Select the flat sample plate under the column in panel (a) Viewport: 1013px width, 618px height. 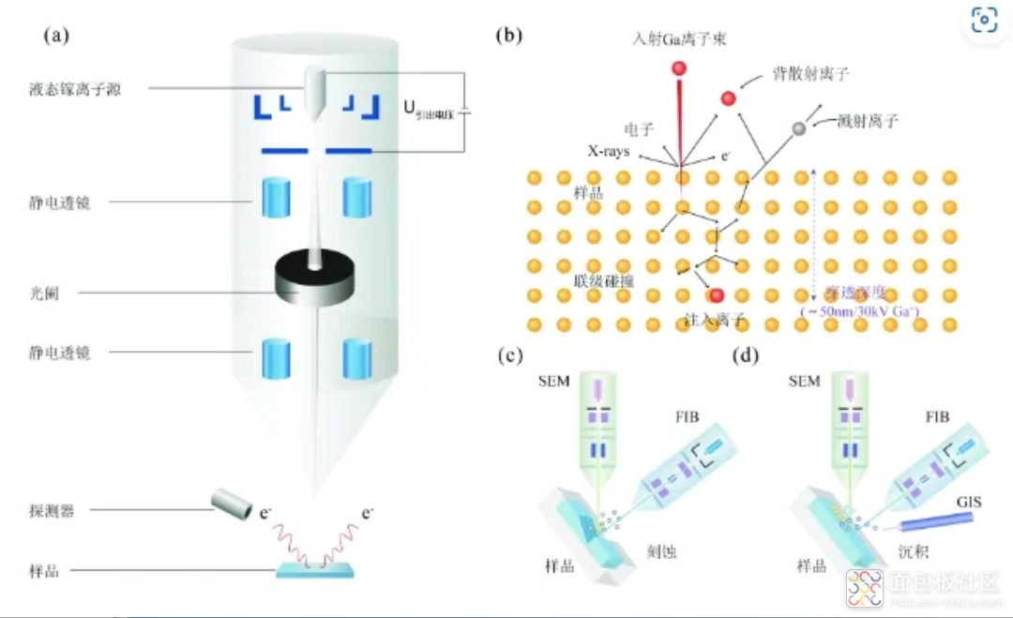[x=315, y=568]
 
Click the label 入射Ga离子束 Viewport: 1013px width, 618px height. [x=680, y=39]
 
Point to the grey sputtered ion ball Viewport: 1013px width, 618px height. [x=799, y=128]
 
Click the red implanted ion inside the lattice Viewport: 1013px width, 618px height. [x=717, y=296]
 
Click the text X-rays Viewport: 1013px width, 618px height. [x=609, y=152]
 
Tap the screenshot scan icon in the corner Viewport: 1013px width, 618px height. [x=983, y=20]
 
